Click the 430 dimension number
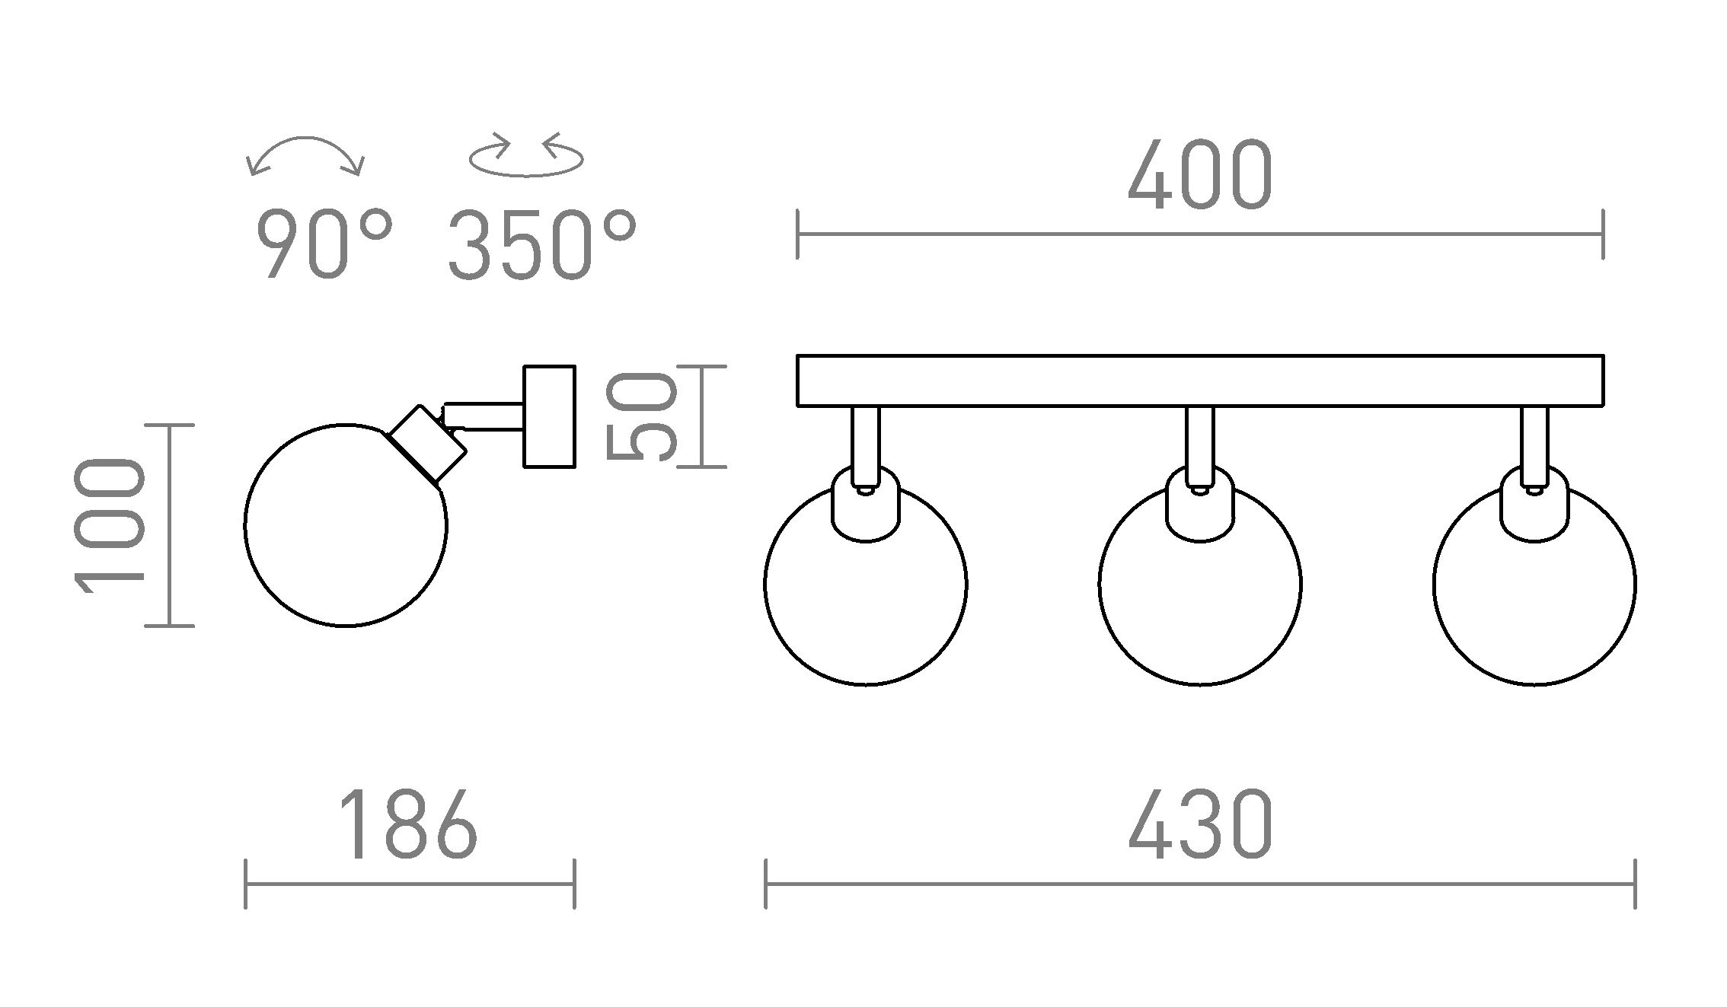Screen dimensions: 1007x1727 (x=1199, y=826)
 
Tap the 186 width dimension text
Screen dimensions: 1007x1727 (x=408, y=826)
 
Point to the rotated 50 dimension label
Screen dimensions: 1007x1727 (x=641, y=416)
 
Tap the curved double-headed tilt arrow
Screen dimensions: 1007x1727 (x=305, y=152)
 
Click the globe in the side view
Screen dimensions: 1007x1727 (x=345, y=533)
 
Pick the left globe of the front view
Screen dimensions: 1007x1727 (x=865, y=601)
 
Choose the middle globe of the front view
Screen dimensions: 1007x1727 (x=1199, y=601)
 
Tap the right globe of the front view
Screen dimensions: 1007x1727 (x=1534, y=601)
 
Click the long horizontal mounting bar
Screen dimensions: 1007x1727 (x=1199, y=381)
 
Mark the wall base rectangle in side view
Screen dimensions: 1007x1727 (x=549, y=416)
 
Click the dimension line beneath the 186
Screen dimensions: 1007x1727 (x=410, y=884)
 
